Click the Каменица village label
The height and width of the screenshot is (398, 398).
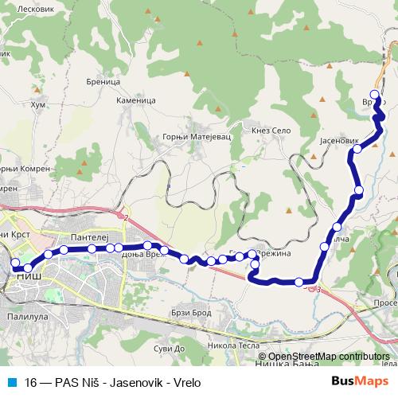[134, 101]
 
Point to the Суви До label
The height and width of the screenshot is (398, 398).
[168, 348]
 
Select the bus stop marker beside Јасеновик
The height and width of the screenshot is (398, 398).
[357, 149]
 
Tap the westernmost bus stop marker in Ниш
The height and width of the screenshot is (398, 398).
[14, 261]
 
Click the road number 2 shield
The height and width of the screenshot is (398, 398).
[125, 217]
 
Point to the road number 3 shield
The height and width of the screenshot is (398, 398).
[318, 290]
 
